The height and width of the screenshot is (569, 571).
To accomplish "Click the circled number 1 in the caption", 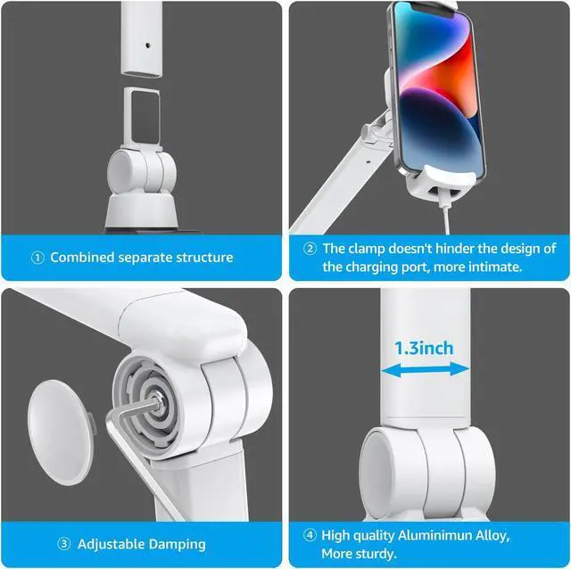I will pyautogui.click(x=37, y=258).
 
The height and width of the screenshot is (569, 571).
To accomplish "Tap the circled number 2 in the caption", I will pyautogui.click(x=310, y=250).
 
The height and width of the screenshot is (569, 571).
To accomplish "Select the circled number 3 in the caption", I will pyautogui.click(x=64, y=543).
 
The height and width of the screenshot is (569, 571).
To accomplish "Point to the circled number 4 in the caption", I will pyautogui.click(x=310, y=536).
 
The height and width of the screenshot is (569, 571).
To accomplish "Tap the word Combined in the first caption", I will pyautogui.click(x=82, y=258).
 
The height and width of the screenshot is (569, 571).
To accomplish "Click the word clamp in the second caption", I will pyautogui.click(x=368, y=250).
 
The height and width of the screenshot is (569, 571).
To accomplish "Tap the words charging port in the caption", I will pyautogui.click(x=383, y=267).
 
